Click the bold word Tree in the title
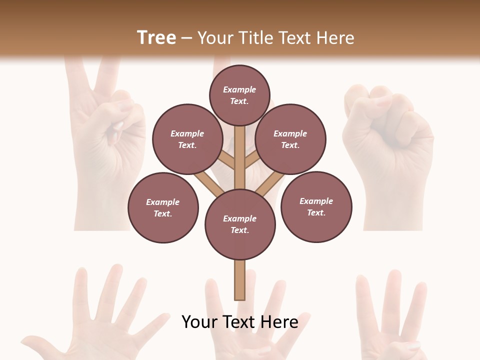coord(156,38)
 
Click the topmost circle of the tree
coord(239,95)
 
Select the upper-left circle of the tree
coord(187,139)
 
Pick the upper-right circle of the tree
coord(290,139)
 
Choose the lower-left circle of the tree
coord(163,207)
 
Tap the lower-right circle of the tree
coord(316,206)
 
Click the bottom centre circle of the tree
coord(240,224)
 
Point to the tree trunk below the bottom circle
coord(239,279)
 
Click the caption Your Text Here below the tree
coord(239,322)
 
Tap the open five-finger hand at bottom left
coord(100,315)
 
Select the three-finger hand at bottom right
coord(395,315)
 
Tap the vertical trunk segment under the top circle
coord(239,155)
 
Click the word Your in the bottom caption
coord(199,322)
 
